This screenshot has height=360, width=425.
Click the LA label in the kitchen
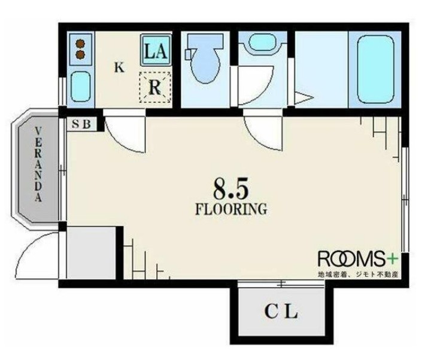(x=156, y=51)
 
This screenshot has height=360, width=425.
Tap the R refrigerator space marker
(x=155, y=87)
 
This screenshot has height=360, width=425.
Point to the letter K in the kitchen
(x=119, y=67)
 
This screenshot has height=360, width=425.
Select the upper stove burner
(x=80, y=43)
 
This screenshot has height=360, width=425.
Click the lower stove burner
(x=80, y=55)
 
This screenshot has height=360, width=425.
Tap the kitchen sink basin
(x=80, y=86)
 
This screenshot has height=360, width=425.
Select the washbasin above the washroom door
(x=262, y=42)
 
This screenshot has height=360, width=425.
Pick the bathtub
(x=375, y=69)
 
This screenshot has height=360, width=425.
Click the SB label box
(x=81, y=124)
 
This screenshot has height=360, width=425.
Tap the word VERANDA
(x=38, y=164)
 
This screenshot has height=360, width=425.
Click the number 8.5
(x=230, y=188)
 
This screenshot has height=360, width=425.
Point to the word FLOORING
(x=231, y=209)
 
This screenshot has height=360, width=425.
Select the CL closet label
(x=281, y=312)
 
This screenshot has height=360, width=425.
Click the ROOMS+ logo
(x=358, y=259)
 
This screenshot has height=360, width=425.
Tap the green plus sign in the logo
(x=392, y=259)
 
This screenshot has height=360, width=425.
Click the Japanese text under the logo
(x=358, y=274)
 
